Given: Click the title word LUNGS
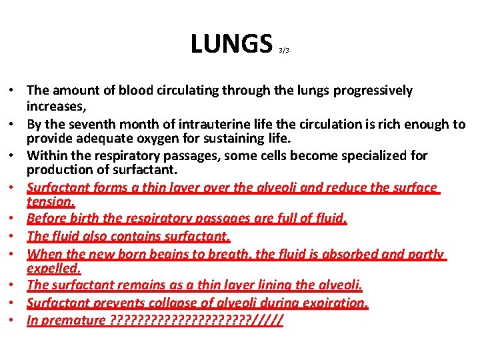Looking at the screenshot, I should click(232, 43).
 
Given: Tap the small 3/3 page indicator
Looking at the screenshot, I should click(284, 50).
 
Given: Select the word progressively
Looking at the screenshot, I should click(370, 90).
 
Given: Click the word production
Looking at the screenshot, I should click(57, 169).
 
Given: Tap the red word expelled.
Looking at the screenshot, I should click(53, 268).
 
